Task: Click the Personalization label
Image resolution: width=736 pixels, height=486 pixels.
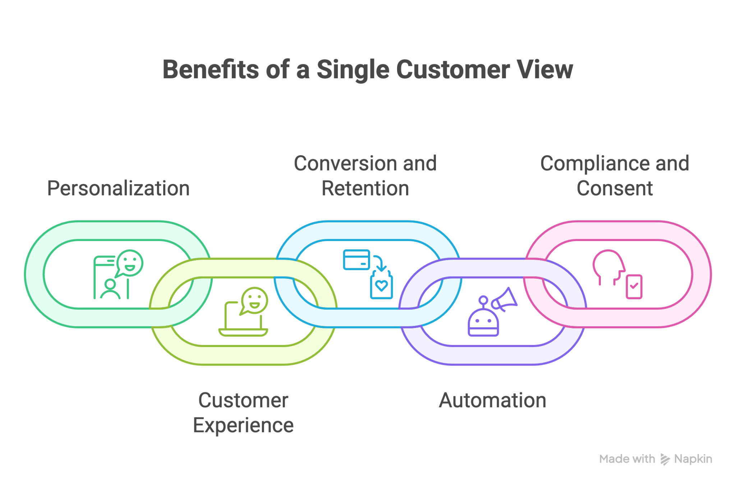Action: click(118, 188)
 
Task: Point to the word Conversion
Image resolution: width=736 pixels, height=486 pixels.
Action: click(345, 163)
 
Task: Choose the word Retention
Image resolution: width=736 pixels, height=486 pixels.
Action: click(365, 188)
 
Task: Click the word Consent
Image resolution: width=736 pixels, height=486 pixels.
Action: click(615, 188)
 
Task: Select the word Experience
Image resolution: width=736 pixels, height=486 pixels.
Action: click(243, 425)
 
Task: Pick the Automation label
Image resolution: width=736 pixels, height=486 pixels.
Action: click(492, 400)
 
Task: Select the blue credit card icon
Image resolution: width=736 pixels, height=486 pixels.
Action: click(356, 259)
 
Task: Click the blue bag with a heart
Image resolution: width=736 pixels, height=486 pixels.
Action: click(381, 286)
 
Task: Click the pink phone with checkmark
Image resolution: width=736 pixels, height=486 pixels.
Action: click(634, 287)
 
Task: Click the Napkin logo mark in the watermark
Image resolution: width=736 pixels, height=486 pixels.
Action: click(665, 459)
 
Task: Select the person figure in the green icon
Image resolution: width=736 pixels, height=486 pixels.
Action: click(110, 290)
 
